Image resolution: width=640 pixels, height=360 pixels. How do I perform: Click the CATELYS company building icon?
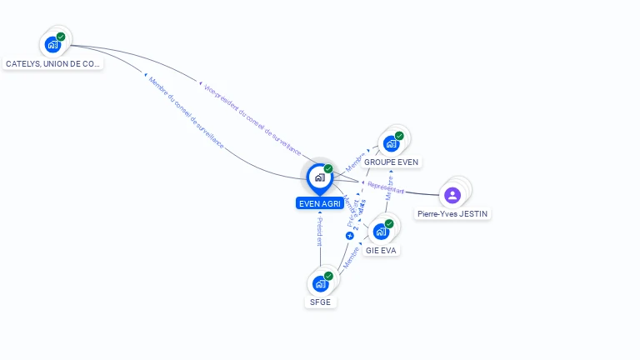[52, 44]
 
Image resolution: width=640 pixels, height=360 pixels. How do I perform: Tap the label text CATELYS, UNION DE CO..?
[52, 63]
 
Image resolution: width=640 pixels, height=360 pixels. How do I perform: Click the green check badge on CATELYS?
[61, 37]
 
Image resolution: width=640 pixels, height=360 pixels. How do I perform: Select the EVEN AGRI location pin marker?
[319, 177]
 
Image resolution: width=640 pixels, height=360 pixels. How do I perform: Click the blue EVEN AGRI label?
[320, 203]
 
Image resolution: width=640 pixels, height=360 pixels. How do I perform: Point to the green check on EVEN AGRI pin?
[328, 168]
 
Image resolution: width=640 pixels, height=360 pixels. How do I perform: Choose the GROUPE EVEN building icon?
[391, 143]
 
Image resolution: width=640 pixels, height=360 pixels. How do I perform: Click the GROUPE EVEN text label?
[392, 162]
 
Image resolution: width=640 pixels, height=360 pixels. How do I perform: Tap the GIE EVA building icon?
[381, 231]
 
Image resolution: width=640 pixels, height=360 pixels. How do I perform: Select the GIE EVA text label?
[381, 249]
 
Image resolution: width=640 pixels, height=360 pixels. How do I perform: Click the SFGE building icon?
[320, 283]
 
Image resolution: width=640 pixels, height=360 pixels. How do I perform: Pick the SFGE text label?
[320, 302]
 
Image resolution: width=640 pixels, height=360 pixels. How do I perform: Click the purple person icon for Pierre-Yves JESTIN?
[452, 195]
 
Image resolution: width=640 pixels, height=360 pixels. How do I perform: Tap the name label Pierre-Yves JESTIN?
[453, 214]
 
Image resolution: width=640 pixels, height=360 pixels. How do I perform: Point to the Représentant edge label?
[386, 187]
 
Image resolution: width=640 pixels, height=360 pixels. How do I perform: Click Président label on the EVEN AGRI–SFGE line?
[319, 232]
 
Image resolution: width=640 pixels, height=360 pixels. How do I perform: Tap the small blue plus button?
[350, 236]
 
